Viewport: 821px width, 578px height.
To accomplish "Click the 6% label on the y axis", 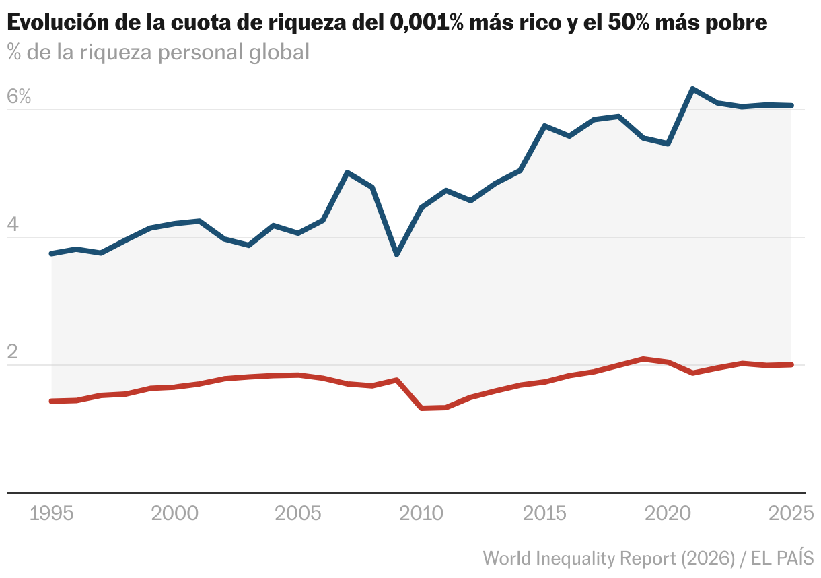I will (19, 97).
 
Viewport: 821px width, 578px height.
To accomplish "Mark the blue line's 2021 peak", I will (693, 89).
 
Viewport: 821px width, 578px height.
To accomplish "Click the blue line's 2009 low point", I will (397, 254).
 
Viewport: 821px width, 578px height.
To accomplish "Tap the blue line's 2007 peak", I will (347, 172).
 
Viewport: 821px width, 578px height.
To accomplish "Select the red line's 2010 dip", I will (422, 408).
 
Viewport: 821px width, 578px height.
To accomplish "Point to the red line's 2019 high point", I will (644, 358).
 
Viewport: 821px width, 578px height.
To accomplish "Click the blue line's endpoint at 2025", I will (791, 105).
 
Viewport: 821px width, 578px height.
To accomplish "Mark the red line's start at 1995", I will (52, 401).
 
